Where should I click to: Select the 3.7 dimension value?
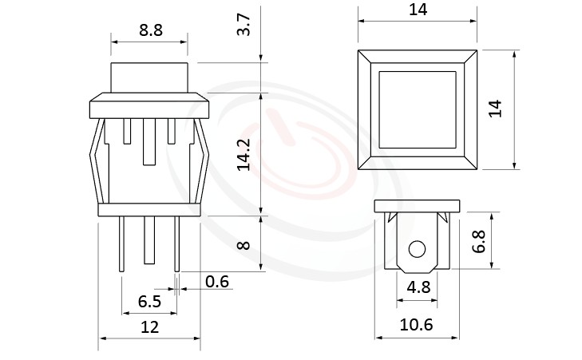point(246,26)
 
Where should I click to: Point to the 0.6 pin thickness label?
point(217,280)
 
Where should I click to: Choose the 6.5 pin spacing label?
point(149,301)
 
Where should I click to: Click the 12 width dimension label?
point(149,326)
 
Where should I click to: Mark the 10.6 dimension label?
point(415,326)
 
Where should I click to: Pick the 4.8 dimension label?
point(415,286)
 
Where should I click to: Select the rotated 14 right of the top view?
point(495,109)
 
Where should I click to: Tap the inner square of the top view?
point(417,109)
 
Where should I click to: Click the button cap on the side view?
point(149,78)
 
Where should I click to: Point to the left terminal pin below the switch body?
point(121,244)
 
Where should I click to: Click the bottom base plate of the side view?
point(149,210)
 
